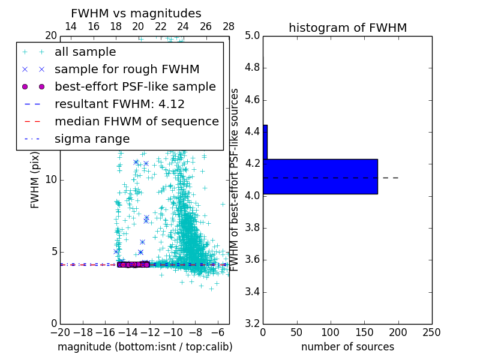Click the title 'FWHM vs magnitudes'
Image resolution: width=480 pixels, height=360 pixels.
pyautogui.click(x=136, y=13)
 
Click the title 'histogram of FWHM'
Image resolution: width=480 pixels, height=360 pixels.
pyautogui.click(x=347, y=28)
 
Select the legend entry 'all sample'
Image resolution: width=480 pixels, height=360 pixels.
pyautogui.click(x=85, y=52)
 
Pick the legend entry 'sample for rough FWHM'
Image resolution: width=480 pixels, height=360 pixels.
pyautogui.click(x=127, y=70)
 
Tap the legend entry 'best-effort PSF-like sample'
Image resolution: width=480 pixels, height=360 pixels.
pyautogui.click(x=135, y=87)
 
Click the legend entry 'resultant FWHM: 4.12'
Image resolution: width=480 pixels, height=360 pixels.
pyautogui.click(x=119, y=104)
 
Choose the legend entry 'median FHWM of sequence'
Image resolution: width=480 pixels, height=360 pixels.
pyautogui.click(x=136, y=122)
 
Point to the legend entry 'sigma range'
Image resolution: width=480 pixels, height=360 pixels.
pyautogui.click(x=92, y=139)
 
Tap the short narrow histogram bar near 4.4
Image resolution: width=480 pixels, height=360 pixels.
pyautogui.click(x=265, y=142)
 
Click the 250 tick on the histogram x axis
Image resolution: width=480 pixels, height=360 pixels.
pyautogui.click(x=431, y=332)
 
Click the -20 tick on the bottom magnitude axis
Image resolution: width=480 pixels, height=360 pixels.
pyautogui.click(x=60, y=332)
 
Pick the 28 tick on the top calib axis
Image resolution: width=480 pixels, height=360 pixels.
pyautogui.click(x=229, y=26)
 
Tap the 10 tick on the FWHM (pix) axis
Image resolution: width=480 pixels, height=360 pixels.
pyautogui.click(x=50, y=180)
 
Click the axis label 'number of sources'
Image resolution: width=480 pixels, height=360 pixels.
pyautogui.click(x=347, y=347)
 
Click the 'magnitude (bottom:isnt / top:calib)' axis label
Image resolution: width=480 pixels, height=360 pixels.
pyautogui.click(x=145, y=347)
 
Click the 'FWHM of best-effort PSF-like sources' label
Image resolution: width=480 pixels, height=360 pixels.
pyautogui.click(x=235, y=180)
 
